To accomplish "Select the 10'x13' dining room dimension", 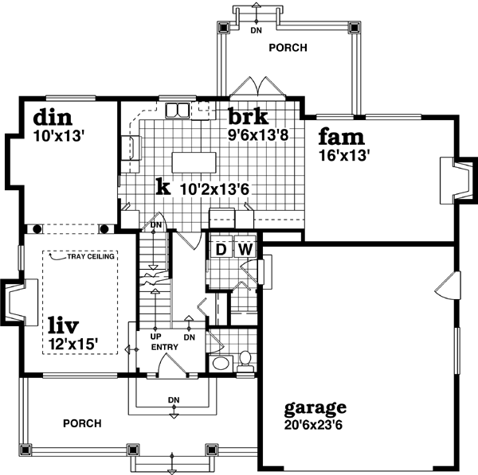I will [x=57, y=135].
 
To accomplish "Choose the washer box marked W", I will [x=245, y=249].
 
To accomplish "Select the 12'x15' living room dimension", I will [x=72, y=345].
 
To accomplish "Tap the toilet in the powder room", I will [x=245, y=360].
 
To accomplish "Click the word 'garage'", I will [x=315, y=407].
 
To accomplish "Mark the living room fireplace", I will [x=14, y=302].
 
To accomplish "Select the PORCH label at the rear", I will [x=288, y=48].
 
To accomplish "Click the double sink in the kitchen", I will [x=178, y=109].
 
